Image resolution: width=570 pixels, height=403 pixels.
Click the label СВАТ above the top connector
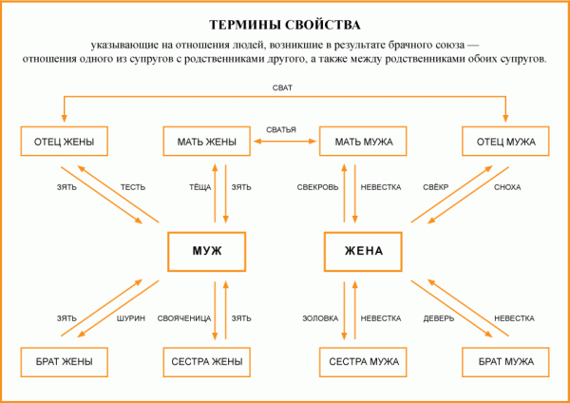pyautogui.click(x=282, y=88)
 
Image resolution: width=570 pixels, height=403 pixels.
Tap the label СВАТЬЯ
pyautogui.click(x=281, y=129)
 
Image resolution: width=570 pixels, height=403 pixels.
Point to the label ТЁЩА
pyautogui.click(x=199, y=187)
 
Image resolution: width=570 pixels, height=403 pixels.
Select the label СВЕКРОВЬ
pyautogui.click(x=317, y=187)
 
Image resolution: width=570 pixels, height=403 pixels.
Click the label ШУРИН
pyautogui.click(x=131, y=318)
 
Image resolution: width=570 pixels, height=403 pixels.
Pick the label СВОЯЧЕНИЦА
pyautogui.click(x=184, y=318)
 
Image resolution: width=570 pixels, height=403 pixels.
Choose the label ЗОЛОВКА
pyautogui.click(x=320, y=318)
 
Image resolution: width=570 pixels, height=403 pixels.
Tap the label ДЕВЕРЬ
pyautogui.click(x=439, y=318)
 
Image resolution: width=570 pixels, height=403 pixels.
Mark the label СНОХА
pyautogui.click(x=507, y=187)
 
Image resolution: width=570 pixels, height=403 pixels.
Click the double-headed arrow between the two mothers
pyautogui.click(x=285, y=141)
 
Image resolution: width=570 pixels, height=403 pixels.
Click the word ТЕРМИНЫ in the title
pyautogui.click(x=244, y=25)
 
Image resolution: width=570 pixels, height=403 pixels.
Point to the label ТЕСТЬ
pyautogui.click(x=133, y=187)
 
